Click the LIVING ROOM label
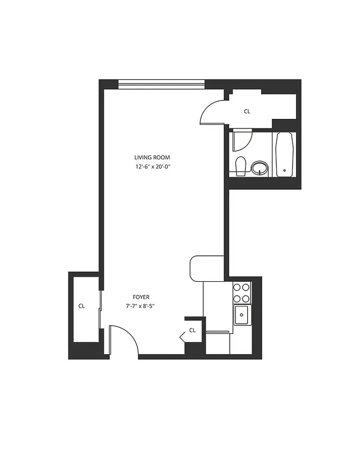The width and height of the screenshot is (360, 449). [152, 158]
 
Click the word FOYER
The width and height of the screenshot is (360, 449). [141, 297]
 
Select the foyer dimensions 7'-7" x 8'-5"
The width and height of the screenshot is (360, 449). [140, 306]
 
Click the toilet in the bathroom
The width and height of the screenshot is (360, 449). [241, 166]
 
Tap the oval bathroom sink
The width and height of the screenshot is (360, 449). [259, 167]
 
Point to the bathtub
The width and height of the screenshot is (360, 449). [285, 154]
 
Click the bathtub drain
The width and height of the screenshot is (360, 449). [285, 170]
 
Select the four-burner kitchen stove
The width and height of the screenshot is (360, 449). [242, 292]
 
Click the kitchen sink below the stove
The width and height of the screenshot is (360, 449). [242, 314]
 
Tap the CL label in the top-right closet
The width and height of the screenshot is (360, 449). [247, 111]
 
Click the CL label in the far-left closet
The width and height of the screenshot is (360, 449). [81, 306]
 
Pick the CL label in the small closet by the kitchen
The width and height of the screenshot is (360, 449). [193, 330]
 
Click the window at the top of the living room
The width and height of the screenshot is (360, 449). [162, 85]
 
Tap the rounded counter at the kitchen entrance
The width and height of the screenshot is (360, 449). [207, 268]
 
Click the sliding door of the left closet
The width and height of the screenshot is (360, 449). [101, 309]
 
